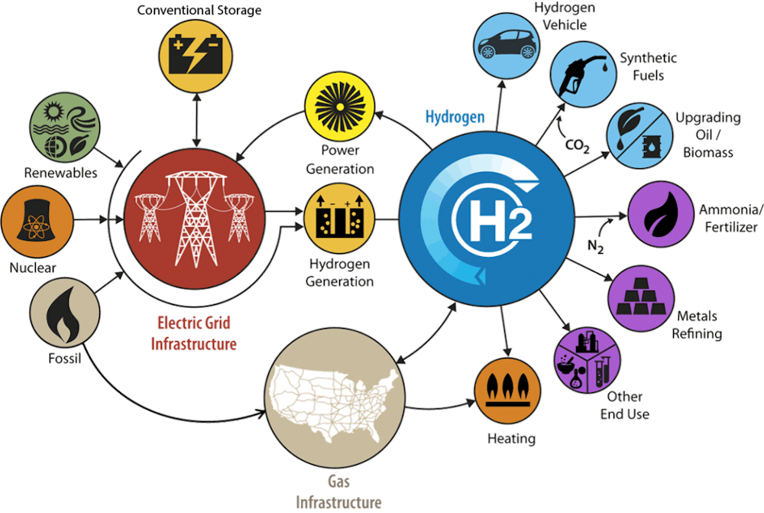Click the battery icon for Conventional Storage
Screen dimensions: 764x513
pyautogui.click(x=196, y=56)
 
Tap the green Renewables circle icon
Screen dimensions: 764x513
pyautogui.click(x=65, y=128)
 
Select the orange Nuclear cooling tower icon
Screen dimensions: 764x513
pyautogui.click(x=36, y=220)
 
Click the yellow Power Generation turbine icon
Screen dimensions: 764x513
pyautogui.click(x=340, y=107)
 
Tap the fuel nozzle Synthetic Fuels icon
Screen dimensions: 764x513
pyautogui.click(x=583, y=75)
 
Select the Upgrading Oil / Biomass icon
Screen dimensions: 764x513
pyautogui.click(x=639, y=135)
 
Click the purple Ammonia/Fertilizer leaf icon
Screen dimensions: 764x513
pyautogui.click(x=661, y=215)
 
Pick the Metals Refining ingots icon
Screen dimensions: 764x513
pyautogui.click(x=641, y=298)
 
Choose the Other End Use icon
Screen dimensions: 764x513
pyautogui.click(x=588, y=360)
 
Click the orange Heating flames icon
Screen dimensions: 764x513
pyautogui.click(x=508, y=390)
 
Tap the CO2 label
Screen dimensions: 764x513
pyautogui.click(x=577, y=145)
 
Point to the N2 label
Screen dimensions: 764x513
pyautogui.click(x=595, y=245)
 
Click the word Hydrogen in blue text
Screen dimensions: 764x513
pyautogui.click(x=455, y=117)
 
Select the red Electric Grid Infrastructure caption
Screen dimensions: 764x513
pyautogui.click(x=194, y=333)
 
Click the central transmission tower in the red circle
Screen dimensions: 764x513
pyautogui.click(x=195, y=218)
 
